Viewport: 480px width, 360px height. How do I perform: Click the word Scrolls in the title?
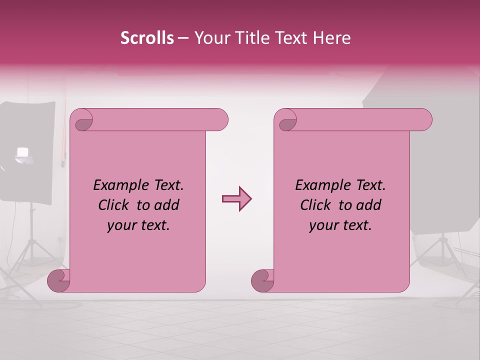(147, 38)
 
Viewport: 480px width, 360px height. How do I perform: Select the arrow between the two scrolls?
(236, 199)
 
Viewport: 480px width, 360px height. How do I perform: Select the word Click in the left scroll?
(115, 205)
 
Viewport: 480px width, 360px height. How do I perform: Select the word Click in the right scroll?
(317, 205)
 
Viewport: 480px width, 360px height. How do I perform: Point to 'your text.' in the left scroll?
(138, 225)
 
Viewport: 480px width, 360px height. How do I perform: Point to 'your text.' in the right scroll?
(340, 225)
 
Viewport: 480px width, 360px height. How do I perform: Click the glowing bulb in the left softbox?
(22, 152)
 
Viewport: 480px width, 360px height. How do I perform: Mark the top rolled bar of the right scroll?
(360, 120)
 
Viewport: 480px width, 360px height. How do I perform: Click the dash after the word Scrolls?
(183, 38)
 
